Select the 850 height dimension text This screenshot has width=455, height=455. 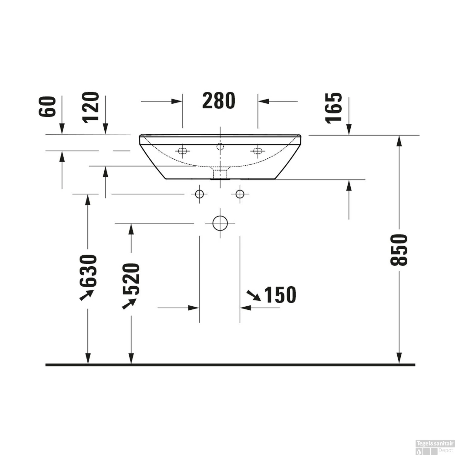click(398, 250)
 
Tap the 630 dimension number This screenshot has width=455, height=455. click(88, 271)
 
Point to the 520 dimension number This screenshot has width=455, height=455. click(131, 279)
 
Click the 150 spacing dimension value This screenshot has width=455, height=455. click(280, 295)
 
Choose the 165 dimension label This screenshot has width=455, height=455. click(334, 108)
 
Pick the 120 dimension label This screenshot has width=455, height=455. click(91, 107)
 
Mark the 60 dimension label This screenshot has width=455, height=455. click(48, 106)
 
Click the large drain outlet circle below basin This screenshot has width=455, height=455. click(220, 223)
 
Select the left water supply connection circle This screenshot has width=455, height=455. click(199, 194)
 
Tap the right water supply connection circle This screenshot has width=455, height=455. click(240, 194)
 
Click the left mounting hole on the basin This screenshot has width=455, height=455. click(182, 151)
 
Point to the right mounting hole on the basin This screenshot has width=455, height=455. click(258, 151)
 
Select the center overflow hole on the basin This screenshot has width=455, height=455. click(220, 147)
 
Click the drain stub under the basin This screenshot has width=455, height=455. click(220, 174)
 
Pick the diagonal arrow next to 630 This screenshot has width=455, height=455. click(86, 295)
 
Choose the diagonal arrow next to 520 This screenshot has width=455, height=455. click(129, 304)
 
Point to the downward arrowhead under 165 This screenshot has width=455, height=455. click(349, 130)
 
